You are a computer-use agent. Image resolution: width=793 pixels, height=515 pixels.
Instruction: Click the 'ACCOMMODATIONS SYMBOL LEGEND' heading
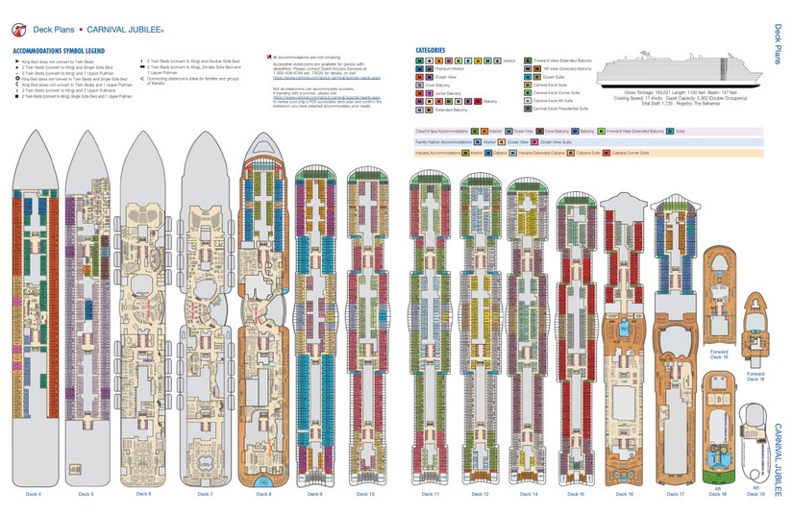[59, 50]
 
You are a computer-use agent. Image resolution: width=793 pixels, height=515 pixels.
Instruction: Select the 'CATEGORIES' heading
[431, 50]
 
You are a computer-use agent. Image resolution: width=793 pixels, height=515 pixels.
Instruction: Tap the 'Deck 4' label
[34, 494]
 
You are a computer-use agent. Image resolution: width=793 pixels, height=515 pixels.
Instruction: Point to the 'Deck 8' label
[263, 494]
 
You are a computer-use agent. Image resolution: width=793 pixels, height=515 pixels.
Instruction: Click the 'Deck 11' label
[430, 494]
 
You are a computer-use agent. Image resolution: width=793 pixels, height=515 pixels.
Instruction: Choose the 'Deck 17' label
[675, 494]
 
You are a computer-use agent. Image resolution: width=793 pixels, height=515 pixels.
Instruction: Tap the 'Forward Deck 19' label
[756, 377]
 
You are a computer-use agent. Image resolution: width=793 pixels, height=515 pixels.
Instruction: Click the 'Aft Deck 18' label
[717, 491]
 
